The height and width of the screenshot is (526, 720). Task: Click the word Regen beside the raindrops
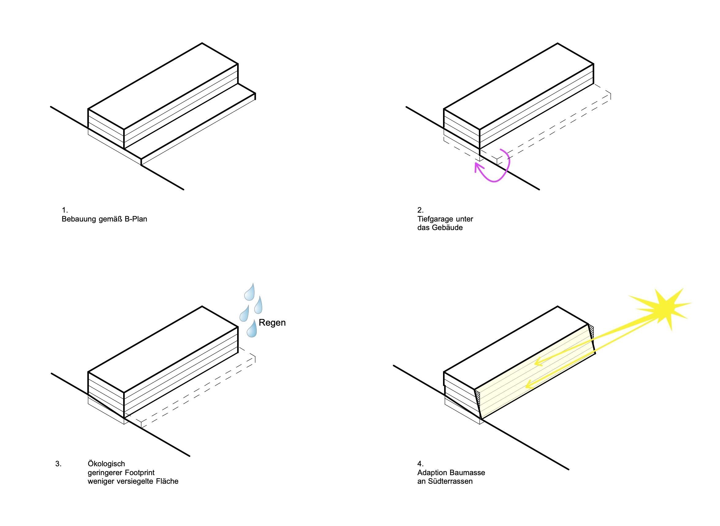[272, 323]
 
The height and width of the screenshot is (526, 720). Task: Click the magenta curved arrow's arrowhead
[478, 167]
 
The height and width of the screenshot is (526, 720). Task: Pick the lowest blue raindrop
[252, 329]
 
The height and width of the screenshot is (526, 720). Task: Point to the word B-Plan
[136, 219]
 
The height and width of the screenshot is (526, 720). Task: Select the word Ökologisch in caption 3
[106, 464]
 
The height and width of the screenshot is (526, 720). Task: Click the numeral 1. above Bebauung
[65, 210]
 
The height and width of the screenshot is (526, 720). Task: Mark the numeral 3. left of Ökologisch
[58, 464]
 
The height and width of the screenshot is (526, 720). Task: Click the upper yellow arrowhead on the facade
[537, 362]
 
